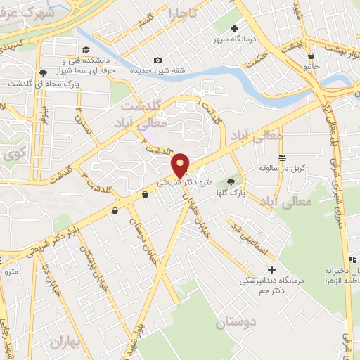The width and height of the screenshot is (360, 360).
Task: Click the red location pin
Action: [x=181, y=165]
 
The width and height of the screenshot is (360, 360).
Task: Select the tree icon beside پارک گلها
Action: [x=231, y=181]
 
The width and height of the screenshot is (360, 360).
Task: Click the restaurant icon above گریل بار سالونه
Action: [x=282, y=157]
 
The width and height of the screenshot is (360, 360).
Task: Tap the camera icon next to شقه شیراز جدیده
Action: [x=157, y=60]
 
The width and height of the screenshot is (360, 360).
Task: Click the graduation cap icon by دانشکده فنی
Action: [x=86, y=49]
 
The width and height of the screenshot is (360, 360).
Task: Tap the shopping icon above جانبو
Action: [x=311, y=56]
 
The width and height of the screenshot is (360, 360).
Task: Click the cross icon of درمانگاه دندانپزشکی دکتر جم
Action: [x=271, y=269]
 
